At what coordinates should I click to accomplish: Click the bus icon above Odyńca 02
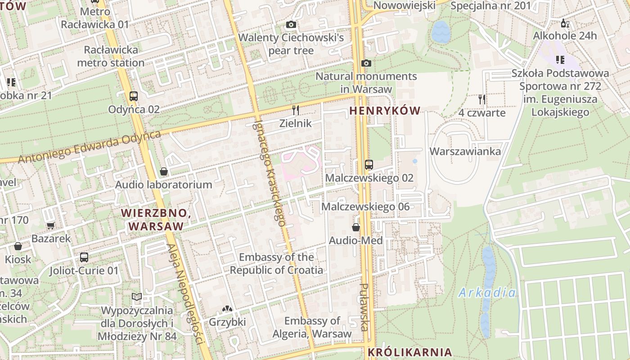tap(133, 96)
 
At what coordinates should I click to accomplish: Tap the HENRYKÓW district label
tap(385, 111)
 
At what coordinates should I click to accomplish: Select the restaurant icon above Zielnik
tap(296, 110)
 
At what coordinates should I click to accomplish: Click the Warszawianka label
tap(465, 151)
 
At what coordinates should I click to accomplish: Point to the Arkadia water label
tap(487, 293)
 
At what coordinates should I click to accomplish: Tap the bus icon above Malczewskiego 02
tap(369, 165)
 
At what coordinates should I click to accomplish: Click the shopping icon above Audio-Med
tap(356, 227)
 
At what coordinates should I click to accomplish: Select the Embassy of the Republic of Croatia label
tap(276, 264)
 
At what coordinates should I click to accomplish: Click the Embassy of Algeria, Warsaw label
tap(312, 327)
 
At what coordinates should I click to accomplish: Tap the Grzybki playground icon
tap(227, 310)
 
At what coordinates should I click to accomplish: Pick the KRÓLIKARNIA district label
tap(409, 352)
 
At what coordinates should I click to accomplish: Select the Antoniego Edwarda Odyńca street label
tap(90, 147)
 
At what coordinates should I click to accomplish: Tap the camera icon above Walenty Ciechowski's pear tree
tap(291, 25)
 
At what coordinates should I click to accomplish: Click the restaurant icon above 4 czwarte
tap(482, 99)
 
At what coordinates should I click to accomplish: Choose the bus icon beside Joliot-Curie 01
tap(84, 257)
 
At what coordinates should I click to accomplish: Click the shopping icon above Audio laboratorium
tap(164, 171)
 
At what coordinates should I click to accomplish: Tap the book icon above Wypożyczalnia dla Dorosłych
tap(137, 297)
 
